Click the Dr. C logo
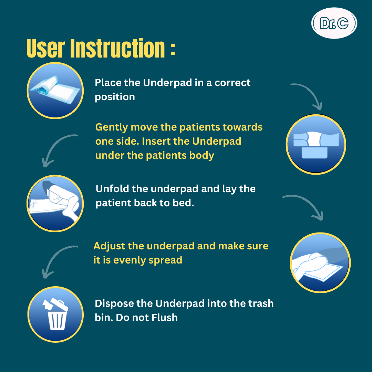(x=334, y=23)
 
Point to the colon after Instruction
(x=173, y=49)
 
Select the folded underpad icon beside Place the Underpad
(x=55, y=90)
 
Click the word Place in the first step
(x=107, y=83)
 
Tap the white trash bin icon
(x=55, y=316)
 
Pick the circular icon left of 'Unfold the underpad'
(x=55, y=203)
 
